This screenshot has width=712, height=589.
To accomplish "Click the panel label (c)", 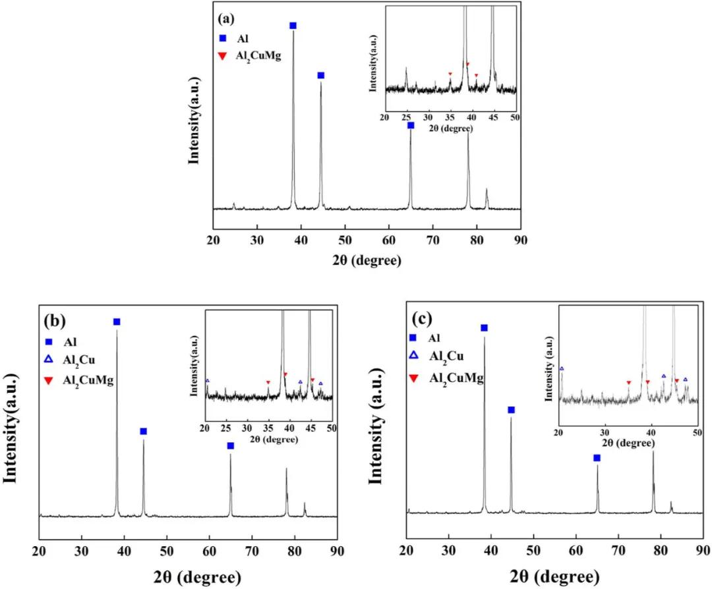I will point(421,319).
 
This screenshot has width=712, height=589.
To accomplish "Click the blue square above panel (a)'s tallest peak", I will point(293,26).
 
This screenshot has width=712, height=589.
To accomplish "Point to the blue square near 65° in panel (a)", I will point(411,125).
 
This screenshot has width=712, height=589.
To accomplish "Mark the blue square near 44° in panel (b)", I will point(143,432).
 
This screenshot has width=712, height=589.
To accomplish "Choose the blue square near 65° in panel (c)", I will point(597,458).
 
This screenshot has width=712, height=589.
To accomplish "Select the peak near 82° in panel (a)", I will point(487,196).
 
